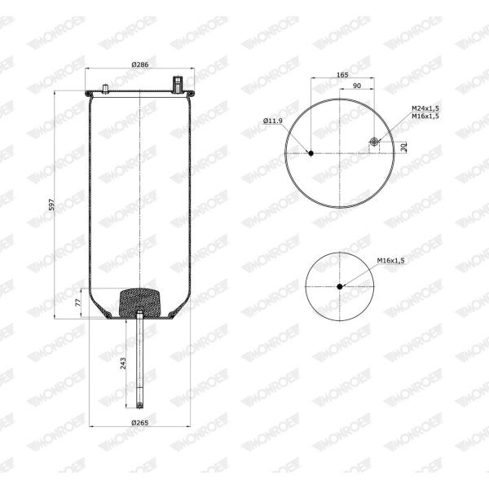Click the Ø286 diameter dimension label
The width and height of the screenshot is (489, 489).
click(x=139, y=64)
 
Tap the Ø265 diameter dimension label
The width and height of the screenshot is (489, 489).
click(x=139, y=423)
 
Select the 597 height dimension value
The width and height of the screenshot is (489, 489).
click(x=52, y=205)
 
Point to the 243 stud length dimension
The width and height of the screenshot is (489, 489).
click(x=123, y=363)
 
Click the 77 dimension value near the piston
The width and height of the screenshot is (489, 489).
click(x=78, y=302)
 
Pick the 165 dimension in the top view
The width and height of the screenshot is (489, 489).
click(x=342, y=75)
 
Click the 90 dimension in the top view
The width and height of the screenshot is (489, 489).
click(x=356, y=86)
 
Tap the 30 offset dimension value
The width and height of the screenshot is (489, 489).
click(x=404, y=147)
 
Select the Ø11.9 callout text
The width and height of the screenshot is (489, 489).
click(x=273, y=121)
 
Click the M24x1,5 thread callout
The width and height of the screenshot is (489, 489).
click(x=425, y=108)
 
